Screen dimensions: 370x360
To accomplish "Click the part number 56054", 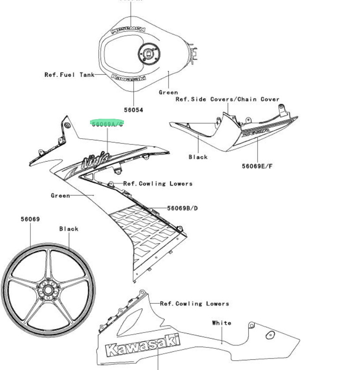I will click(x=133, y=109).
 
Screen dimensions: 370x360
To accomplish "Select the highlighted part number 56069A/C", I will click(x=108, y=124).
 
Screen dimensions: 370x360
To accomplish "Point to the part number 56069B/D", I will click(x=182, y=208).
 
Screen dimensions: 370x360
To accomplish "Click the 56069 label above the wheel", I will click(x=30, y=219).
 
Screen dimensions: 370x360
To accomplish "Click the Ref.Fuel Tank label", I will click(x=69, y=75).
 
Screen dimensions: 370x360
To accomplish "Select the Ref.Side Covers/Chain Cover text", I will click(x=227, y=99).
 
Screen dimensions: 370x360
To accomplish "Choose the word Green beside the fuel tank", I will click(x=169, y=92).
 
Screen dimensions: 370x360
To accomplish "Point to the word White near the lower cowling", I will click(x=221, y=323).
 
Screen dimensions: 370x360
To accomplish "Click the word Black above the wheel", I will click(x=69, y=229).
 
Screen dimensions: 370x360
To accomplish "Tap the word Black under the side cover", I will click(x=198, y=157).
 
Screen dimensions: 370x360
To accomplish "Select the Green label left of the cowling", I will click(x=60, y=195).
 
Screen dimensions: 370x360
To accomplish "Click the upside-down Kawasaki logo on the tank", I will click(x=128, y=29).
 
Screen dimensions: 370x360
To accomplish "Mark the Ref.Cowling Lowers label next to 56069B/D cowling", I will click(x=157, y=184).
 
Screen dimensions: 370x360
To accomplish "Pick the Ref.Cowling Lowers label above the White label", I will click(x=194, y=304).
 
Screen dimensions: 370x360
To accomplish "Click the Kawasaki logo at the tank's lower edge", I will click(x=129, y=78).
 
